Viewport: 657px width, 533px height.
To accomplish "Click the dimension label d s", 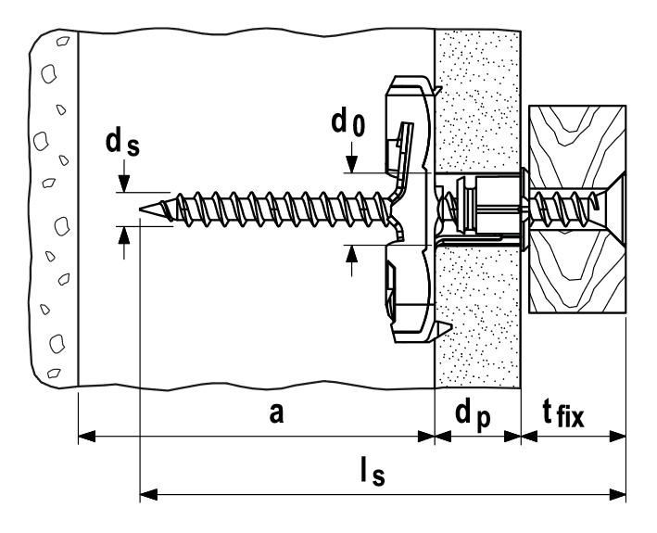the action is [x=122, y=144].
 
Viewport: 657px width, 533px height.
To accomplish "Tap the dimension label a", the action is [x=276, y=413].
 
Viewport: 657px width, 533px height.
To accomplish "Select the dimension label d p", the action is [x=473, y=415].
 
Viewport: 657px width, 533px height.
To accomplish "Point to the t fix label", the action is [x=563, y=414].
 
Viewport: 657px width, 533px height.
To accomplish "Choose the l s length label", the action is [x=373, y=472].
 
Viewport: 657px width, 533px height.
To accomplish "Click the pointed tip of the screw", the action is [x=141, y=209].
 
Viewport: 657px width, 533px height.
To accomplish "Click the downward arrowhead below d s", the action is [x=123, y=184].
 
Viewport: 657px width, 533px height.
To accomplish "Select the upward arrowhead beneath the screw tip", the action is [x=123, y=235].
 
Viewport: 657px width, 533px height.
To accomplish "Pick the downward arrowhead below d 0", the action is [x=353, y=164].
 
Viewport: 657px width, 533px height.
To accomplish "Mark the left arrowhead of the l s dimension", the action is [x=148, y=494].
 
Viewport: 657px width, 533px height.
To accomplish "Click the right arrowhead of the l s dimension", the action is [x=617, y=494].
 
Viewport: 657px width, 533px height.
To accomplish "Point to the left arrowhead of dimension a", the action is [x=87, y=437].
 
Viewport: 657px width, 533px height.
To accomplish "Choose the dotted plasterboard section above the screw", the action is [x=477, y=100].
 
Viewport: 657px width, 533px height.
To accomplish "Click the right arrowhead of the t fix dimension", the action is [x=617, y=437].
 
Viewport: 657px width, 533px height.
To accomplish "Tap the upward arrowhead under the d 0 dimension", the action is [x=352, y=254].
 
